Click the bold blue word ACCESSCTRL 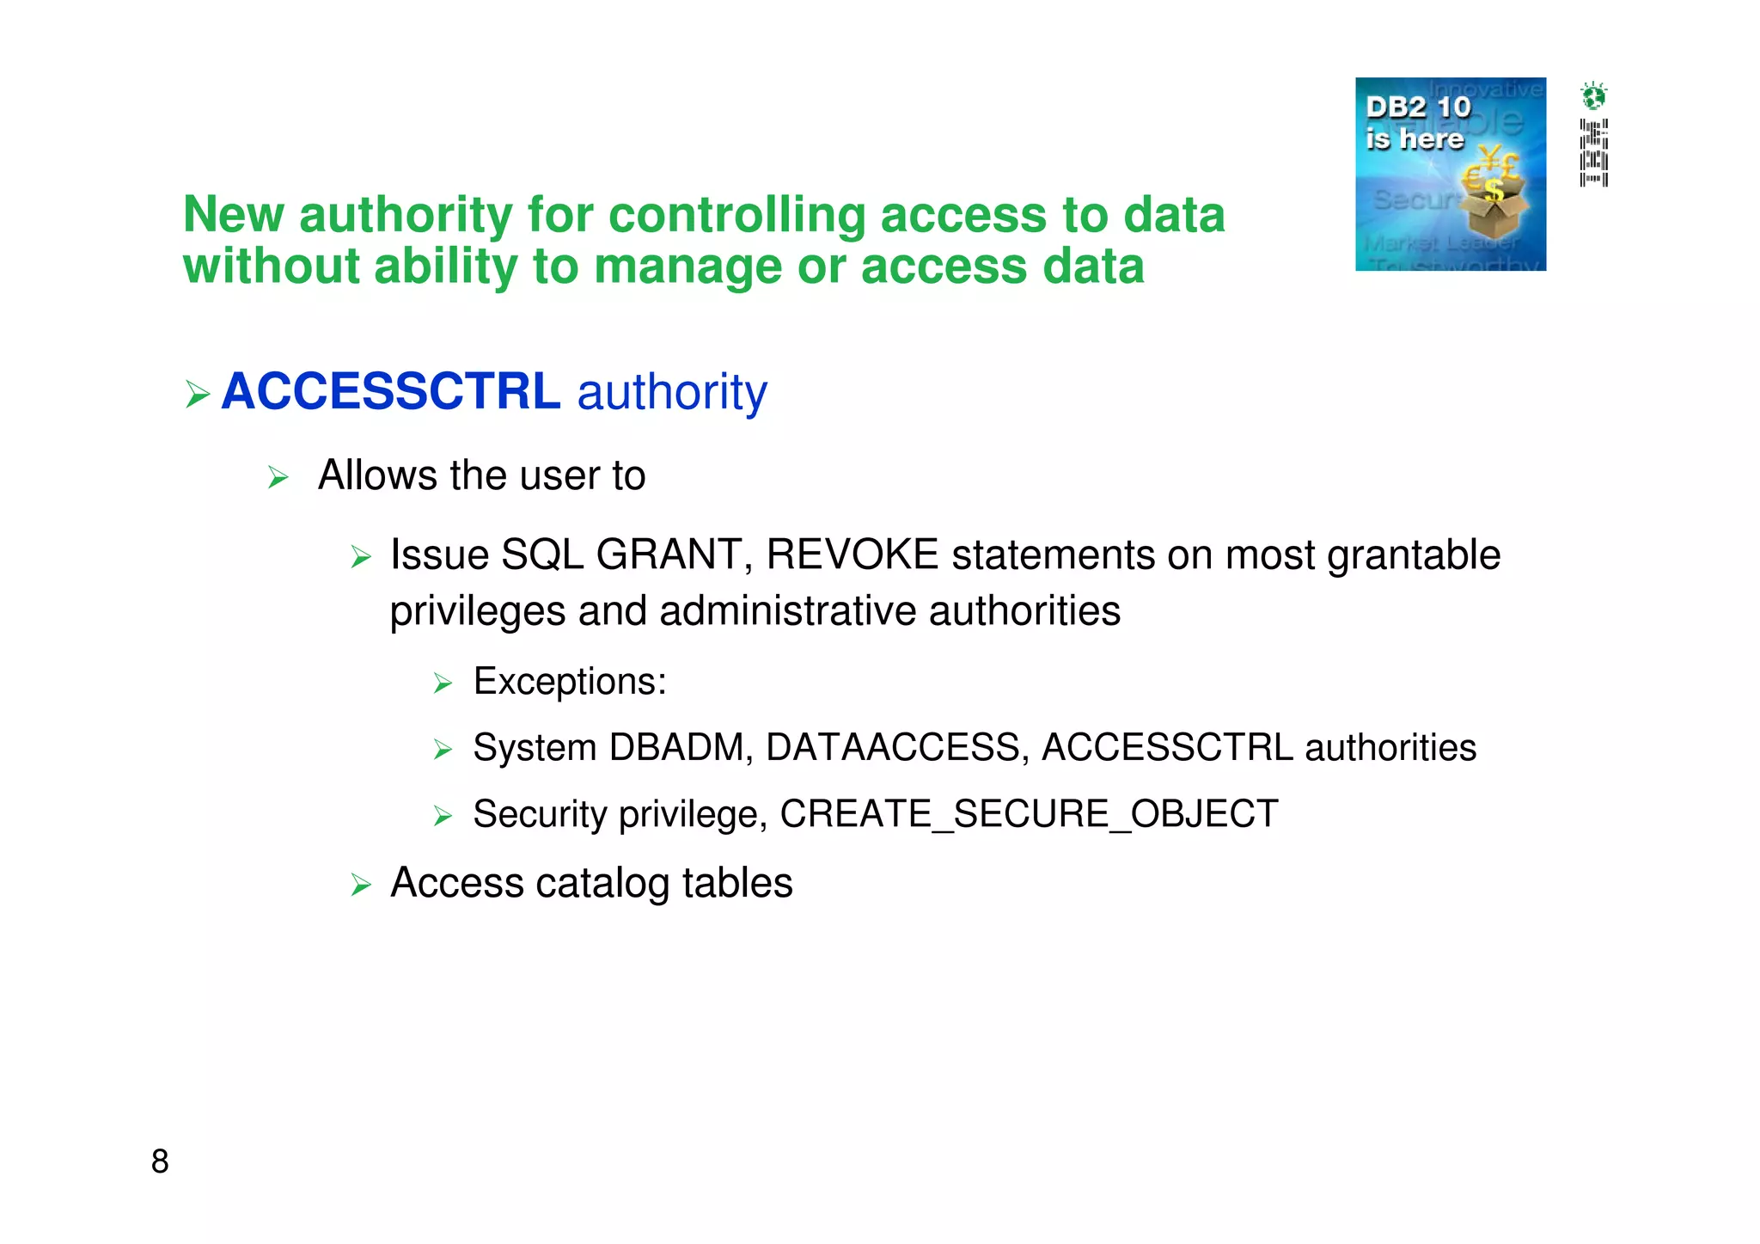tap(391, 392)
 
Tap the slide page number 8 tap(160, 1161)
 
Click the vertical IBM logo tap(1593, 152)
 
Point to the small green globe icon tap(1593, 95)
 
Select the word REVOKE tap(852, 555)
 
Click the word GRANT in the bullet tap(669, 555)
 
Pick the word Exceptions tap(569, 682)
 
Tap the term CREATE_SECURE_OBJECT tap(1029, 814)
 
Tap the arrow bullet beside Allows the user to tap(278, 477)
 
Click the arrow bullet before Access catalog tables tap(361, 885)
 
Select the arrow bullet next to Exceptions tap(443, 683)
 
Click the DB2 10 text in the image tap(1418, 107)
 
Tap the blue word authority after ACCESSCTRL tap(672, 394)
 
